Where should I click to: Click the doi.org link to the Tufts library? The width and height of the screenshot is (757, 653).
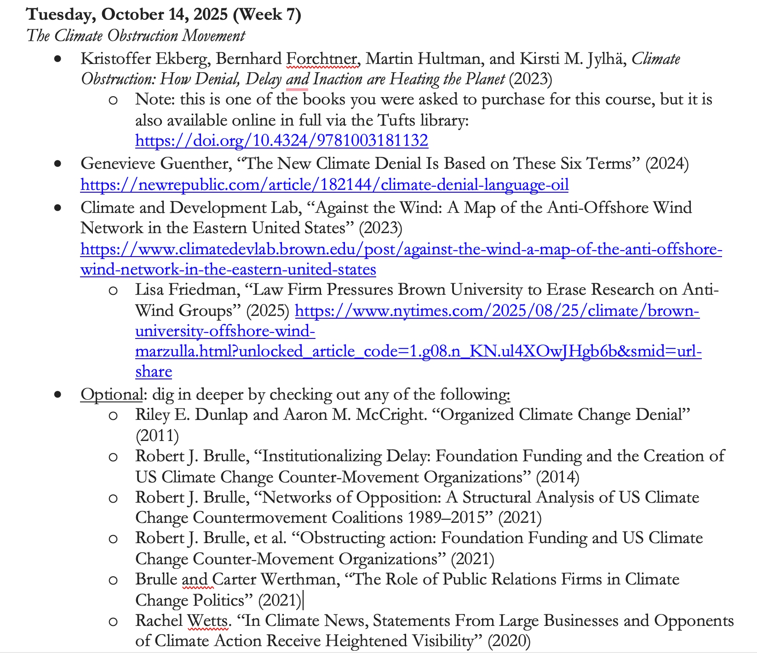(281, 140)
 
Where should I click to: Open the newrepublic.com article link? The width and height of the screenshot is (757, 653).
(324, 184)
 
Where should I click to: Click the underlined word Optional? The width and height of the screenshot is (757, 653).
(111, 395)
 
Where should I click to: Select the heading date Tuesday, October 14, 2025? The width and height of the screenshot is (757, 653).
(126, 14)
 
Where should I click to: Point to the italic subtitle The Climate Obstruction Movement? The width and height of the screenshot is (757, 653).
(136, 35)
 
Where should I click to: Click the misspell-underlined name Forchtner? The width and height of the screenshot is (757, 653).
(321, 59)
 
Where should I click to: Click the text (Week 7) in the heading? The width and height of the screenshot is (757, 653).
(267, 14)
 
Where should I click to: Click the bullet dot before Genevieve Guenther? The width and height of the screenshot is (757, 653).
(57, 163)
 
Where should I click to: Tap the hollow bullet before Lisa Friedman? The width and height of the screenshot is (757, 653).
(113, 290)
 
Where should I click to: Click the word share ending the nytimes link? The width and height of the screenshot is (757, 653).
(154, 371)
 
